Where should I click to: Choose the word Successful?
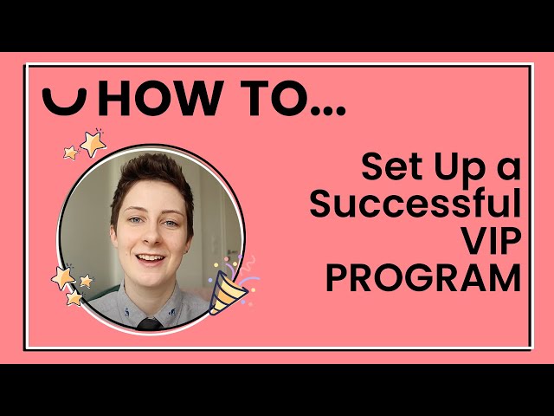(415, 205)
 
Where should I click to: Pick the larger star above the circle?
(93, 142)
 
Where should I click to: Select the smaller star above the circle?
(71, 153)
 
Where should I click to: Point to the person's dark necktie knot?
(150, 324)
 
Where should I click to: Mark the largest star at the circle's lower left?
(63, 277)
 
